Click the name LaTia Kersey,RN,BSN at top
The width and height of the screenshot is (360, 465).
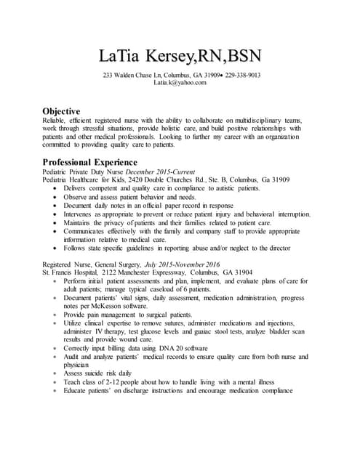(x=180, y=56)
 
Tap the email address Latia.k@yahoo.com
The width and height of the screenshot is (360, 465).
(x=180, y=84)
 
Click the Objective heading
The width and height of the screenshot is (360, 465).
(x=61, y=110)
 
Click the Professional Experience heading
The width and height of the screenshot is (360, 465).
(x=89, y=161)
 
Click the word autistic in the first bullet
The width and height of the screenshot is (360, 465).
(x=231, y=188)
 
